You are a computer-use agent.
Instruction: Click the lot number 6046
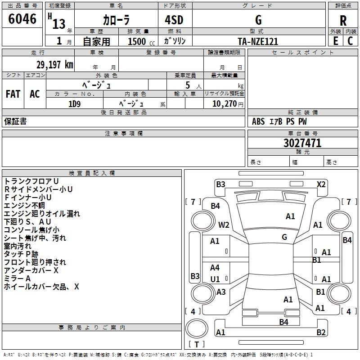tap(22, 19)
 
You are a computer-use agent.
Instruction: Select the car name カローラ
tap(116, 20)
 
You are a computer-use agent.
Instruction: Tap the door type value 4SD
tap(174, 20)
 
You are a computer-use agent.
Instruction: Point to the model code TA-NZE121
tap(258, 41)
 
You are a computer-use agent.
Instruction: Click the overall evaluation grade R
tap(343, 21)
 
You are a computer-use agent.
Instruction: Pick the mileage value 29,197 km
tap(55, 65)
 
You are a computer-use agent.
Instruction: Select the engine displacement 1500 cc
tap(141, 41)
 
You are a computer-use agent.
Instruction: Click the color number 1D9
tap(74, 104)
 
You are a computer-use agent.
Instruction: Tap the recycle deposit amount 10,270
tap(224, 104)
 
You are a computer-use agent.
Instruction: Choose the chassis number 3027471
tap(302, 143)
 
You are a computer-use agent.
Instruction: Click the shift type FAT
tap(13, 94)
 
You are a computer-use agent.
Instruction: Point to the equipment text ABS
tap(258, 121)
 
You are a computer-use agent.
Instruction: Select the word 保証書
tap(15, 121)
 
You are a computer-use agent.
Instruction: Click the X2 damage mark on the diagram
tap(321, 184)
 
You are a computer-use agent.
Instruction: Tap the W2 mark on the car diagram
tap(224, 225)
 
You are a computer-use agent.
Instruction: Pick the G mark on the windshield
tap(284, 237)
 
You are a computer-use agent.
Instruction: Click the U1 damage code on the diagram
tap(215, 279)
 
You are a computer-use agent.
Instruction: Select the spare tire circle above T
tap(197, 328)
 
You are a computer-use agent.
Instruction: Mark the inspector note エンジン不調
tap(24, 206)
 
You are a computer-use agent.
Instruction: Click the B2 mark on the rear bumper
tap(321, 332)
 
